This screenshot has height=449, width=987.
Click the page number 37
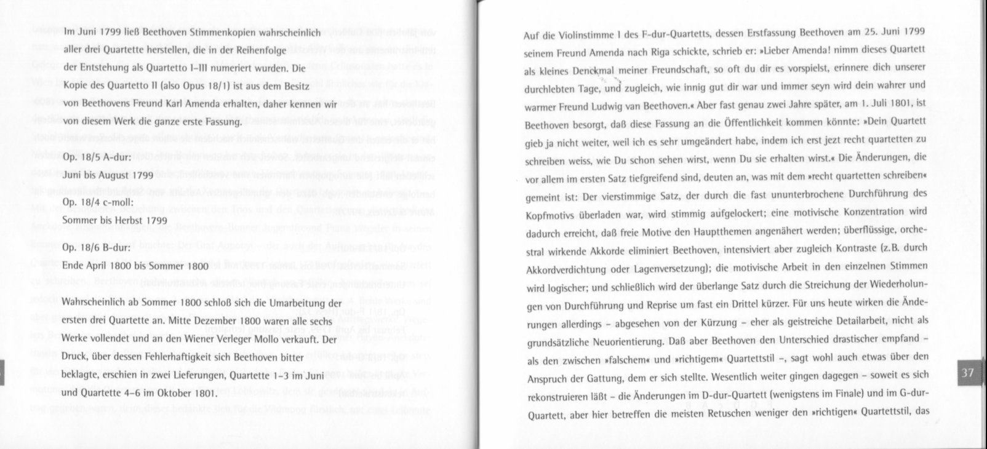[x=967, y=373]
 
